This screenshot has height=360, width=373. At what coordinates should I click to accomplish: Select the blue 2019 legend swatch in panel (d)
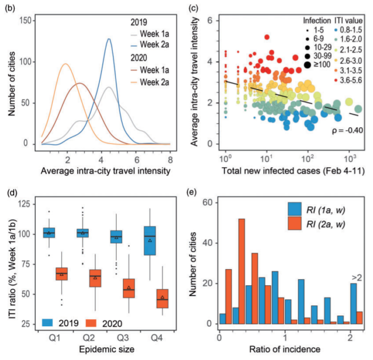click(x=50, y=319)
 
